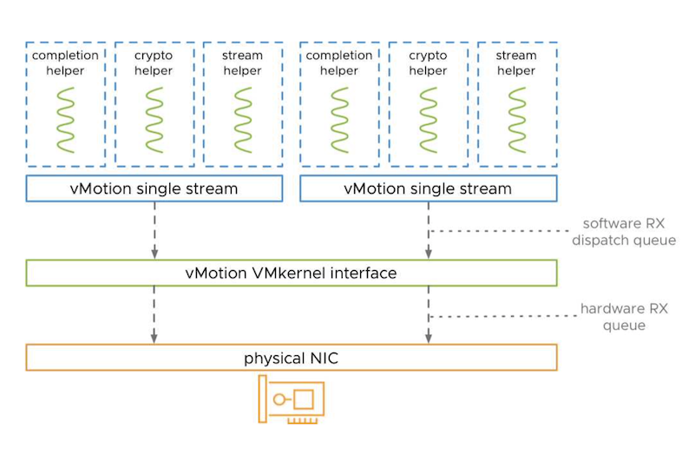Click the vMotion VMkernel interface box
[x=291, y=273]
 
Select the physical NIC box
[x=291, y=358]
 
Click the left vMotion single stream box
[x=154, y=188]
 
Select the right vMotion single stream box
[x=428, y=188]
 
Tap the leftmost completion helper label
[x=66, y=63]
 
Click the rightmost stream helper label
[x=516, y=63]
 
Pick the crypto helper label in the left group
[x=154, y=63]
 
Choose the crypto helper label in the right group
[x=428, y=63]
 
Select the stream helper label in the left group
[x=242, y=63]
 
